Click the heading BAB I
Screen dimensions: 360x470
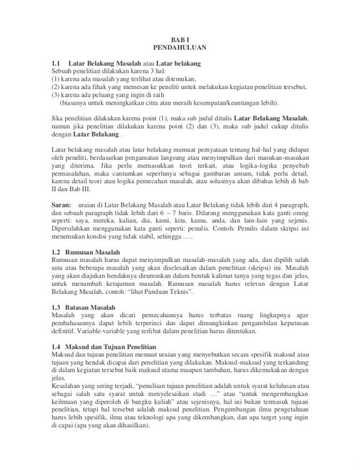(x=179, y=39)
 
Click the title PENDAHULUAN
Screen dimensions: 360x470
(x=179, y=48)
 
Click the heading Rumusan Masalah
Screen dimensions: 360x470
(x=93, y=252)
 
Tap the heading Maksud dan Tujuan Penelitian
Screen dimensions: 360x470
(x=112, y=347)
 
